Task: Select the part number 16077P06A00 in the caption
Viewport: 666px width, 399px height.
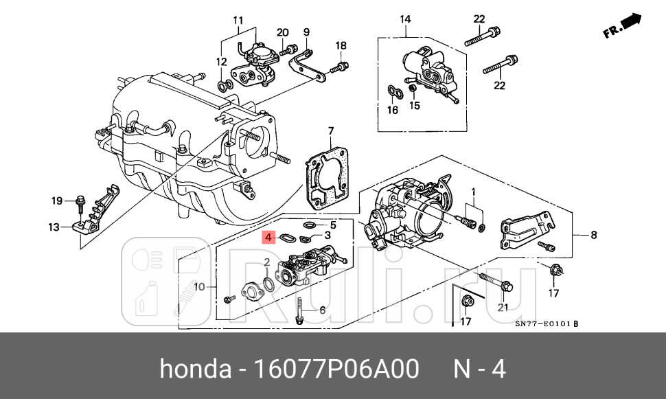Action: [x=336, y=369]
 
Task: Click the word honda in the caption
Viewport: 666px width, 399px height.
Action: [x=195, y=369]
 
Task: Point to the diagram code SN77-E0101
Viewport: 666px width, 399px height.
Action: [x=542, y=324]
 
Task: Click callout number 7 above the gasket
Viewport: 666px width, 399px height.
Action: [x=330, y=131]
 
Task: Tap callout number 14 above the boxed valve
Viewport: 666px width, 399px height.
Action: [x=405, y=19]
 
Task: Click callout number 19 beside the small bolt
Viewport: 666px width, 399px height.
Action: [x=58, y=201]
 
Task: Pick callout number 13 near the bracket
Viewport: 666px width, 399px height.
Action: [x=54, y=227]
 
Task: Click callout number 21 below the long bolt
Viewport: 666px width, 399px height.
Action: [x=503, y=306]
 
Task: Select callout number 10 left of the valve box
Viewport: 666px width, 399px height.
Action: [x=199, y=286]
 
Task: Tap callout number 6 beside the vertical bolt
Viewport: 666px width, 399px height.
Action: [x=321, y=310]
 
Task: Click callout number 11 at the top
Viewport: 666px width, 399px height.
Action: [x=238, y=19]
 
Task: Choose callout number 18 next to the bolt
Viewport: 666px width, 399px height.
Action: [x=341, y=45]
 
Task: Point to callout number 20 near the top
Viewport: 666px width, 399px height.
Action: [x=282, y=32]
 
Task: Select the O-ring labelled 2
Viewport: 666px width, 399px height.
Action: [x=271, y=284]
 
